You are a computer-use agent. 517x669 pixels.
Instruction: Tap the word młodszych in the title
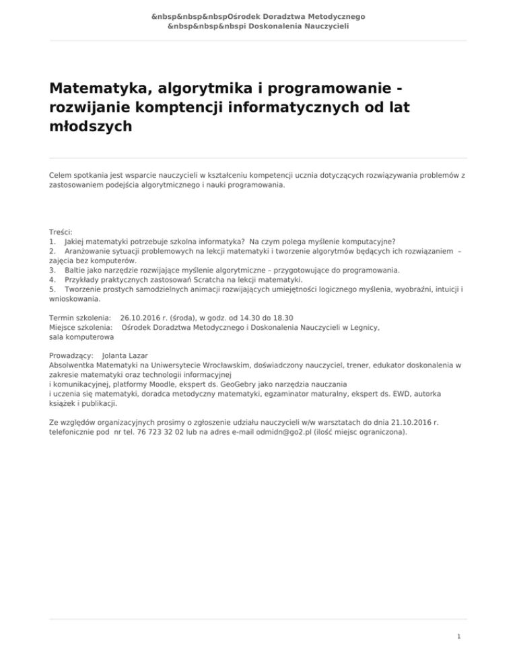pos(90,128)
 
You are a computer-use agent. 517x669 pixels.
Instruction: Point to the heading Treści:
pos(61,232)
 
